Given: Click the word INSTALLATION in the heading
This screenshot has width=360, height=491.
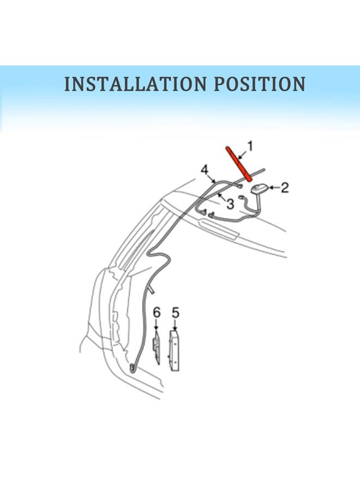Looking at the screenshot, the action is pyautogui.click(x=135, y=83).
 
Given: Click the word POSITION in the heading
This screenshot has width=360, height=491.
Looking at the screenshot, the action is pyautogui.click(x=260, y=83).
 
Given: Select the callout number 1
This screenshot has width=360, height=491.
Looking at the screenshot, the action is pyautogui.click(x=250, y=147).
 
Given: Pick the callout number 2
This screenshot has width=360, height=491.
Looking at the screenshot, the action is pyautogui.click(x=285, y=188).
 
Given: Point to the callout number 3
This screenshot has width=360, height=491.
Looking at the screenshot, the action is pyautogui.click(x=230, y=204).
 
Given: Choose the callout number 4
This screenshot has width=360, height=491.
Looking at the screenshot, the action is pyautogui.click(x=205, y=170).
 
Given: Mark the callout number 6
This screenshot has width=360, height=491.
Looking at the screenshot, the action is pyautogui.click(x=157, y=313).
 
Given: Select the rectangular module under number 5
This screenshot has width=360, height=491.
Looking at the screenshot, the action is pyautogui.click(x=175, y=350).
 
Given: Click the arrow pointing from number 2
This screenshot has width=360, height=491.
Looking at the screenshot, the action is pyautogui.click(x=274, y=188).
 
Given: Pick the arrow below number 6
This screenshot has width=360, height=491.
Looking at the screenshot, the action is pyautogui.click(x=157, y=324).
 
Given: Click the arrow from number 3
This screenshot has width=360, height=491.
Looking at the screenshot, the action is pyautogui.click(x=222, y=197).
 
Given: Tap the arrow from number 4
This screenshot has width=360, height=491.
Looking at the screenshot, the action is pyautogui.click(x=211, y=178).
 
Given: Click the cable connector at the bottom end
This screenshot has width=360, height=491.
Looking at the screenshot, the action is pyautogui.click(x=133, y=368).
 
